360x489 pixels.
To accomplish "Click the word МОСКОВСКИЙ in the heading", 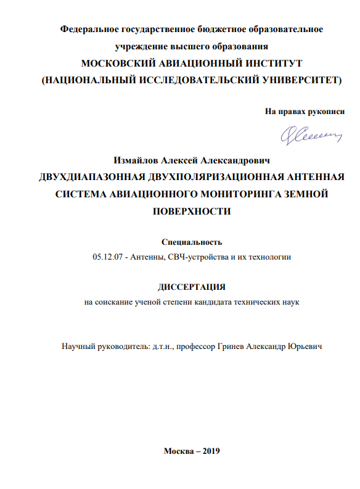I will click(121, 64).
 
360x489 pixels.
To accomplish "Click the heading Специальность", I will click(191, 242).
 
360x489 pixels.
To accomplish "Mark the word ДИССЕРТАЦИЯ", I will click(192, 287).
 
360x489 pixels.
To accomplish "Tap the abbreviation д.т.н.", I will click(160, 347).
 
